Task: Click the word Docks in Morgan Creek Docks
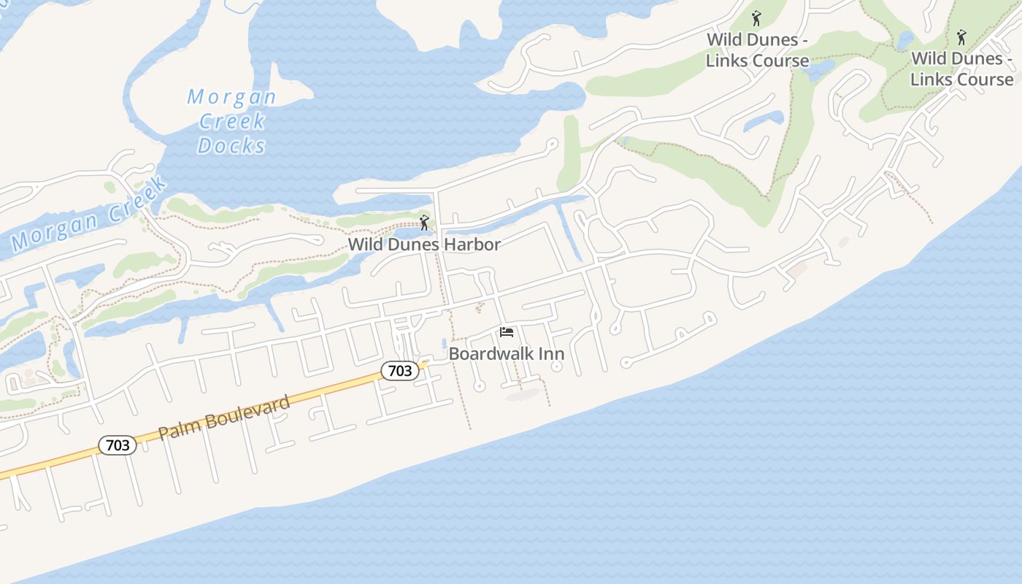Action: click(231, 145)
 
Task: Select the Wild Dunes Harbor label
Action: click(424, 245)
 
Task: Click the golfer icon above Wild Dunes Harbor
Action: click(424, 222)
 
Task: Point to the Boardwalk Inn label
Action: click(506, 354)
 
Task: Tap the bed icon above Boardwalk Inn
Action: click(507, 333)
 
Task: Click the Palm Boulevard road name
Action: click(224, 417)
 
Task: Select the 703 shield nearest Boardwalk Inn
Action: click(400, 371)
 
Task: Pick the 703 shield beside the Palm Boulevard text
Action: click(118, 445)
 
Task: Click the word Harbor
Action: click(474, 245)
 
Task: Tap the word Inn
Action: click(551, 354)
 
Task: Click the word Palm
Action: click(176, 430)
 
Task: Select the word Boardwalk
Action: click(491, 354)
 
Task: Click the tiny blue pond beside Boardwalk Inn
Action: click(444, 343)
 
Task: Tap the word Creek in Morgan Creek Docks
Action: click(231, 120)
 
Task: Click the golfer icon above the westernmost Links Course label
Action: click(756, 18)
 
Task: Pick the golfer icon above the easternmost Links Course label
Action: click(961, 36)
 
